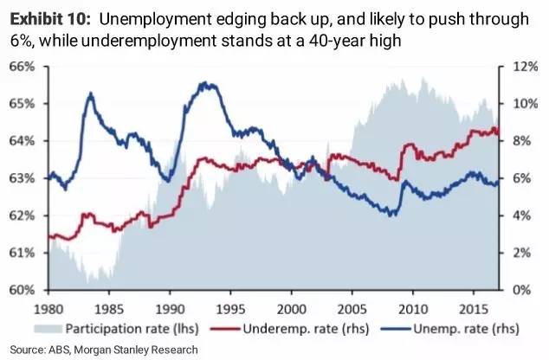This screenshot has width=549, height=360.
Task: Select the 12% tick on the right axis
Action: tap(516, 66)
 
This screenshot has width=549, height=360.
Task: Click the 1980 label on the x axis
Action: tap(48, 307)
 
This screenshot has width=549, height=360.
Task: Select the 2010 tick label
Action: tap(413, 307)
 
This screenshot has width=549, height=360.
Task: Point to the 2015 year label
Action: tap(474, 307)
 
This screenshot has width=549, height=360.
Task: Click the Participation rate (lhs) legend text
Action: tap(132, 328)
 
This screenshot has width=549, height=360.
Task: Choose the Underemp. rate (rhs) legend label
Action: tap(297, 328)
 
